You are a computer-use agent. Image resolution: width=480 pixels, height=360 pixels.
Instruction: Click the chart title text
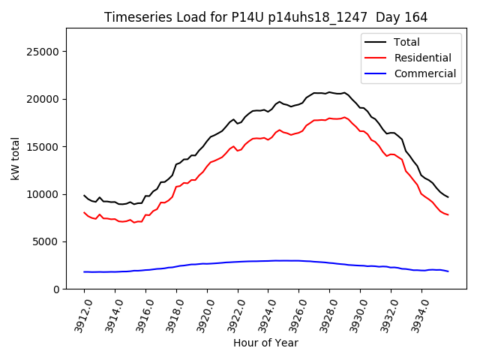pos(266,17)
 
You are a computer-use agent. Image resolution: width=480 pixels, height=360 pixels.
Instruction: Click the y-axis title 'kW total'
pos(16,159)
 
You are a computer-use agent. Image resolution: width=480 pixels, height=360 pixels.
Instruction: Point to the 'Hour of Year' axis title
pos(265,343)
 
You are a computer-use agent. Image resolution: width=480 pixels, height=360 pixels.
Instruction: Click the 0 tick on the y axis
pos(56,289)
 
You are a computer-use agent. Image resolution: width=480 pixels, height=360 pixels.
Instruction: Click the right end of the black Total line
pos(448,197)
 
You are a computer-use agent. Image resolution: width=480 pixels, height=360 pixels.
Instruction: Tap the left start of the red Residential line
pos(84,212)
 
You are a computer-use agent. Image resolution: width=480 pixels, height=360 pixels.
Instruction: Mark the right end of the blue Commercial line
pos(448,271)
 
